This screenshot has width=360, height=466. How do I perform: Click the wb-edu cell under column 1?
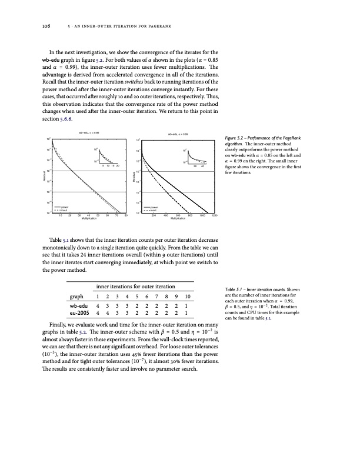pyautogui.click(x=98, y=306)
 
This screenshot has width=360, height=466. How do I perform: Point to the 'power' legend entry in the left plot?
pyautogui.click(x=65, y=207)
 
